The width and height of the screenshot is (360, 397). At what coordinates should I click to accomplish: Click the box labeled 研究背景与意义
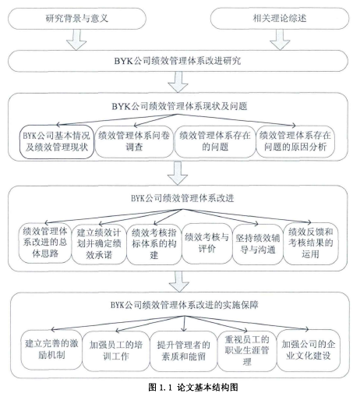pos(77,19)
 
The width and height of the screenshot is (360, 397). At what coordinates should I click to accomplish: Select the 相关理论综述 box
pos(280,19)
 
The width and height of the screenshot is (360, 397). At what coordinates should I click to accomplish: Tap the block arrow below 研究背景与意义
pos(76,40)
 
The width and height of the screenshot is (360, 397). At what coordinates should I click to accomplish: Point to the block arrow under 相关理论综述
pos(280,40)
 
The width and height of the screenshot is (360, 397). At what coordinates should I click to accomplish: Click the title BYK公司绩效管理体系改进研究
pos(178,61)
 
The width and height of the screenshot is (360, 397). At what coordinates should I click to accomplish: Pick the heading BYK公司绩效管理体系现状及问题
pos(179,106)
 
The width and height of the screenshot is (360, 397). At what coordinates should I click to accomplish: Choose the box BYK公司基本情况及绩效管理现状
pos(57,142)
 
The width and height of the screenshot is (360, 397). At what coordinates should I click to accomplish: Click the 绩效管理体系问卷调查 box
pos(134,142)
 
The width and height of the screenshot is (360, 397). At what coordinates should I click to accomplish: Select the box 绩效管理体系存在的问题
pos(215,142)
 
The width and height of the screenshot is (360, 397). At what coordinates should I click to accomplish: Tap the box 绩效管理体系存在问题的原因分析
pos(295,142)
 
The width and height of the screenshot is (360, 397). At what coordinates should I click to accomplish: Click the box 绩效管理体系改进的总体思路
pos(45,243)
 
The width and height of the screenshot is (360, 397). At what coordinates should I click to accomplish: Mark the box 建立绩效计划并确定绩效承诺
pos(99,244)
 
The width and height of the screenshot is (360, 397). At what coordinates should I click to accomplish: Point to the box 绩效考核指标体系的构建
pos(154,244)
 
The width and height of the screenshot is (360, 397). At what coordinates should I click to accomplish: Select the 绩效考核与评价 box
pos(206,243)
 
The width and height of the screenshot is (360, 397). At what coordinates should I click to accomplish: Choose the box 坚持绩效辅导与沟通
pos(258,244)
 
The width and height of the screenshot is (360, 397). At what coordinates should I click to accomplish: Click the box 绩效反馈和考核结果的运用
pos(311,243)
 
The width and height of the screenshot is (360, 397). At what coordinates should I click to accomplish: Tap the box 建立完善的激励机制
pos(51,349)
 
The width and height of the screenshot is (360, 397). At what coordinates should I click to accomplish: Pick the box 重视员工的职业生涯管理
pos(247,351)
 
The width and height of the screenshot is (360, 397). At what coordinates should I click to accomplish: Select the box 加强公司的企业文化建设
pos(309,350)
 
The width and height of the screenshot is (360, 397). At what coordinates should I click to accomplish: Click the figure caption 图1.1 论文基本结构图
pos(193,388)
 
